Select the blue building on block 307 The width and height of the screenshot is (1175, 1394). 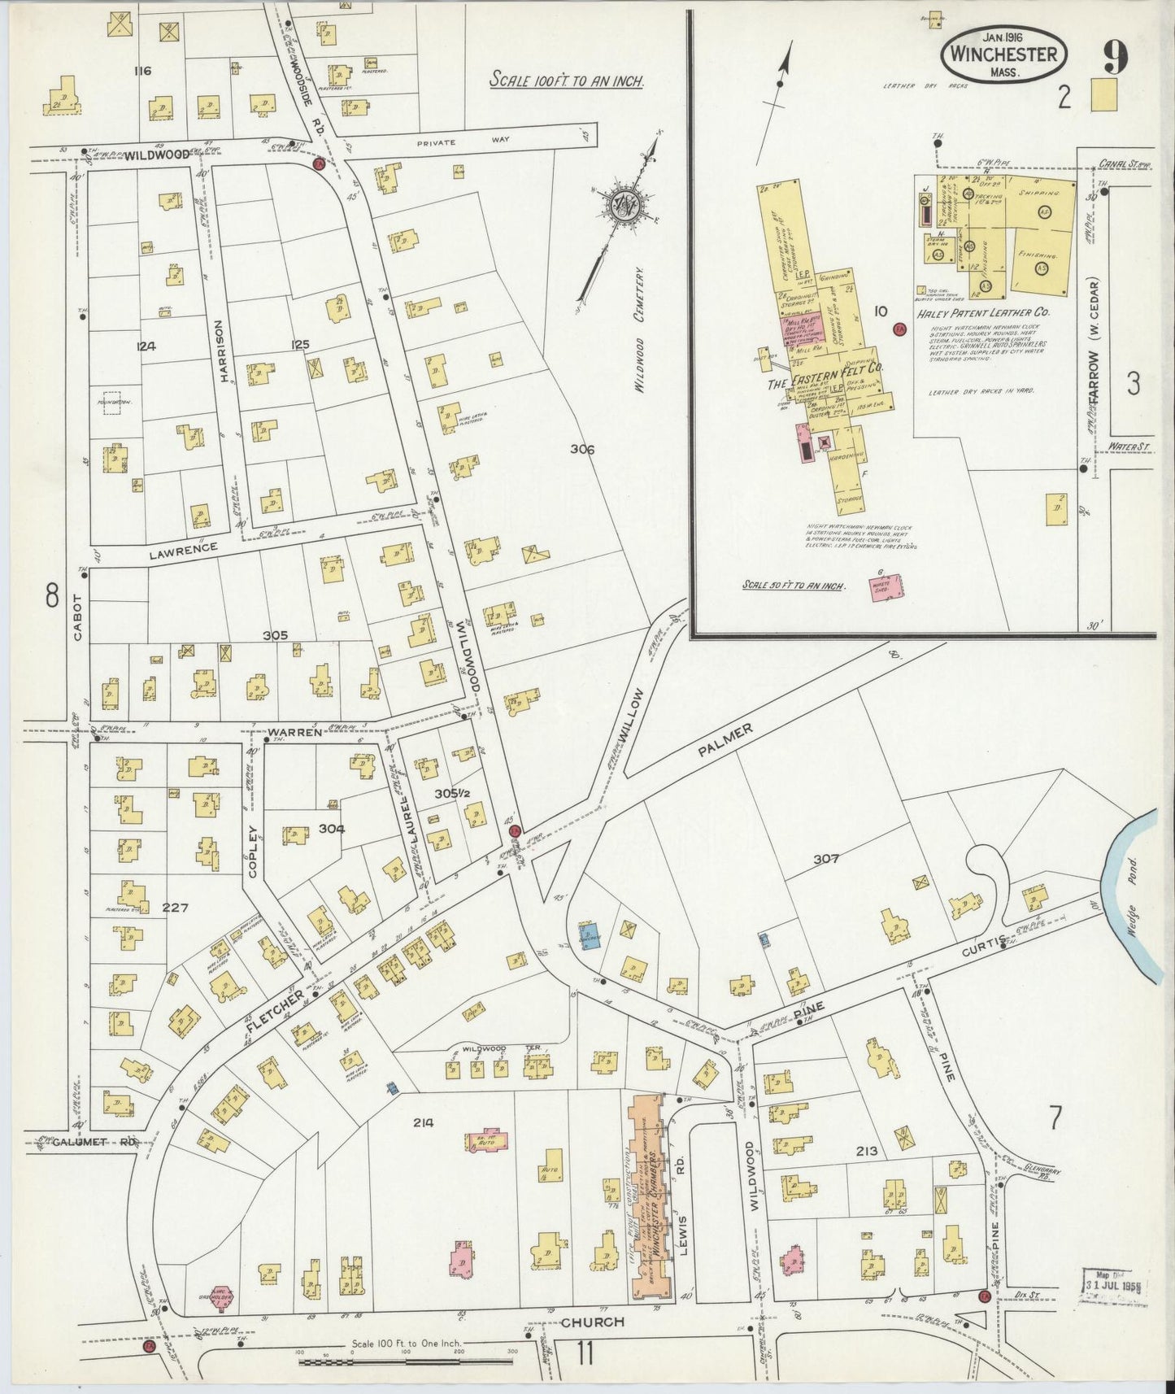(591, 935)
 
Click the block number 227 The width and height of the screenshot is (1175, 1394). (175, 908)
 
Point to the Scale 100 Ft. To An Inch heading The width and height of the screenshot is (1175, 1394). (567, 81)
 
